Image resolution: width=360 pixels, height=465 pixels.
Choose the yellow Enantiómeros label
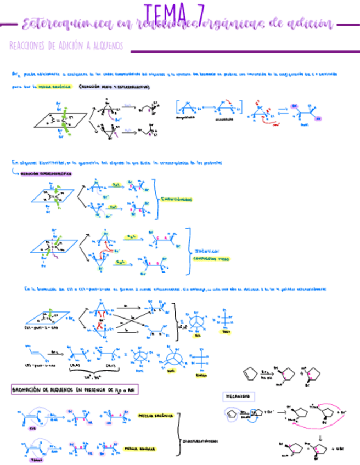tap(176, 200)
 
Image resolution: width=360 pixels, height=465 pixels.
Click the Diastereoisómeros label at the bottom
tap(198, 439)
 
